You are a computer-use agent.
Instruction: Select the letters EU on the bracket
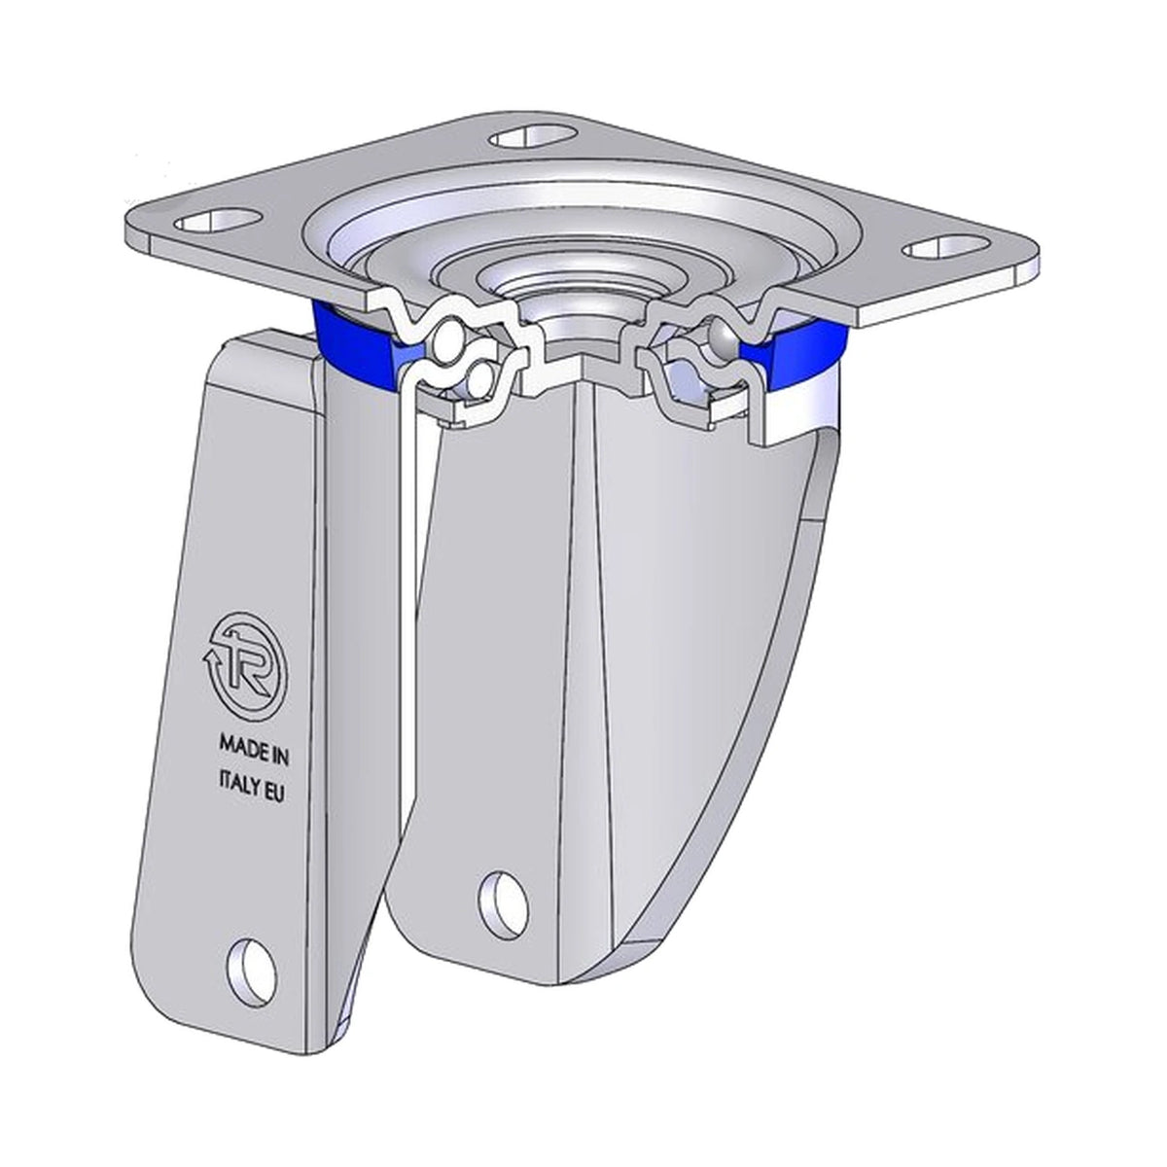275,794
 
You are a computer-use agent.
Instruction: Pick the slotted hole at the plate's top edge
533,137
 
